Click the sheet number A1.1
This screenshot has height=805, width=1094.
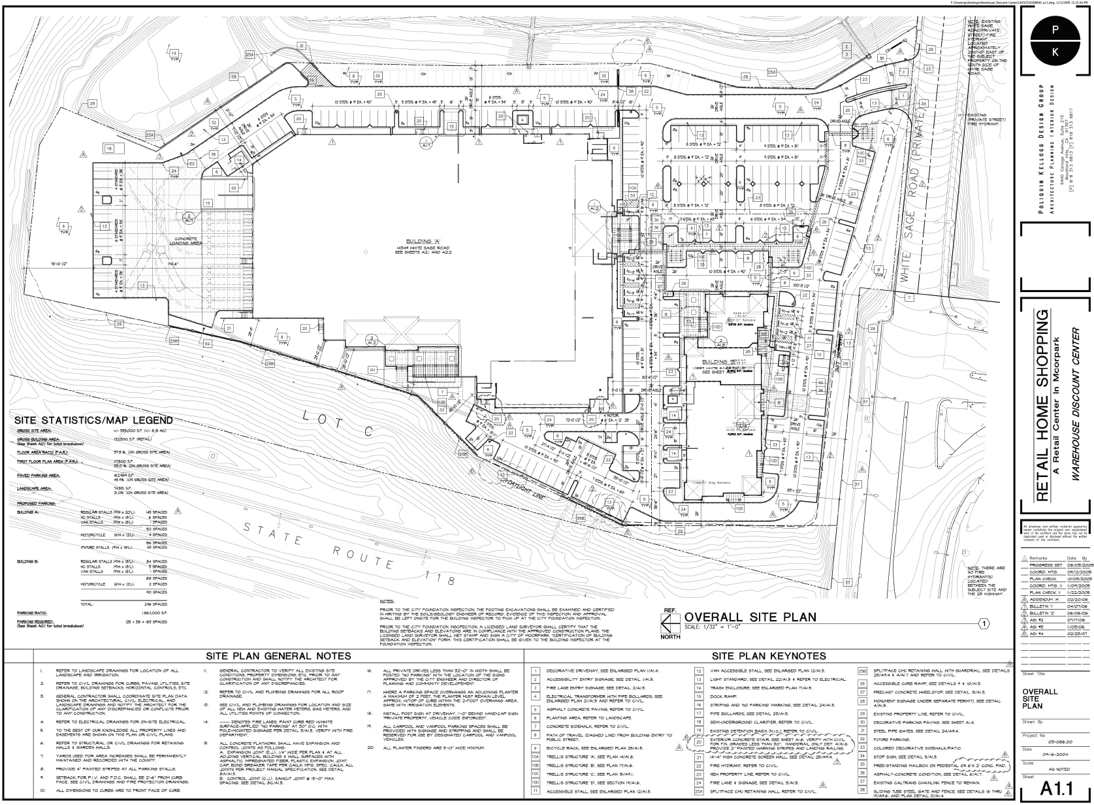pos(1053,791)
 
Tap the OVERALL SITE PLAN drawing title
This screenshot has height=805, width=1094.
pos(750,617)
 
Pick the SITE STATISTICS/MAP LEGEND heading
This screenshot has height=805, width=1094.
pos(93,420)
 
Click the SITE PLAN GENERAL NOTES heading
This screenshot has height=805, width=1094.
pos(279,656)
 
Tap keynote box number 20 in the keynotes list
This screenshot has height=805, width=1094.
pos(698,741)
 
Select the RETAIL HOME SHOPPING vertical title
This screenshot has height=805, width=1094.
pos(1042,405)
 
